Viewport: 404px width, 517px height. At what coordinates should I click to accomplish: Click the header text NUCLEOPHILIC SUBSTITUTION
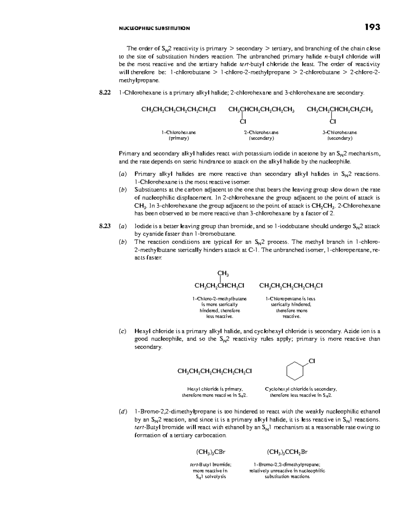click(x=155, y=28)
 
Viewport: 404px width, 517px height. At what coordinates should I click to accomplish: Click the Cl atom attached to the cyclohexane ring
click(x=311, y=361)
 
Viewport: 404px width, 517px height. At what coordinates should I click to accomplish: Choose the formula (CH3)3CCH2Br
click(x=287, y=452)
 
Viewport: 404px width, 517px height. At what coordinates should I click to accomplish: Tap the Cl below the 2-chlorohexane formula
click(x=243, y=121)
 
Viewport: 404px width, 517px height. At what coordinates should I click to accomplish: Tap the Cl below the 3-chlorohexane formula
click(x=333, y=121)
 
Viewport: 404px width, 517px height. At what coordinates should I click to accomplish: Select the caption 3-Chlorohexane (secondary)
click(x=340, y=135)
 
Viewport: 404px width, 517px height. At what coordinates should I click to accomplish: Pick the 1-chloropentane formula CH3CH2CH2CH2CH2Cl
click(x=291, y=286)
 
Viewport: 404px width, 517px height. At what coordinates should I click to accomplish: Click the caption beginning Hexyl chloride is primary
click(x=215, y=392)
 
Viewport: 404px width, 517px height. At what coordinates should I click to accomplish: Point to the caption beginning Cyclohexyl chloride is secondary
click(x=301, y=392)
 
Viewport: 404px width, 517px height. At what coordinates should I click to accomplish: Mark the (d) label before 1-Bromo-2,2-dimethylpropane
click(x=123, y=412)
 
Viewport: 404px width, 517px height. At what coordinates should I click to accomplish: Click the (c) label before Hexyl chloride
click(x=123, y=331)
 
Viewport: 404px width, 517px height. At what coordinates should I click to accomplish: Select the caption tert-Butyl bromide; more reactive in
click(x=210, y=471)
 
